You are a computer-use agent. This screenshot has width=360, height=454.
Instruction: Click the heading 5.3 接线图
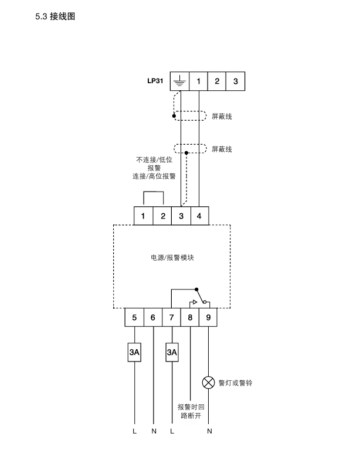[56, 16]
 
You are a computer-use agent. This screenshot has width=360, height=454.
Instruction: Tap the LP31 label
[155, 81]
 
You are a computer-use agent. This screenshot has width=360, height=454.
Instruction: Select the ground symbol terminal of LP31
[179, 81]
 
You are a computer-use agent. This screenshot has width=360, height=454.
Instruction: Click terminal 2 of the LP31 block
[217, 81]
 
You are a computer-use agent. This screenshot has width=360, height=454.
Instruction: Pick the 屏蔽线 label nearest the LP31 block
[222, 117]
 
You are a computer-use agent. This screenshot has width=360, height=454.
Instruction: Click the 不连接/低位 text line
[154, 159]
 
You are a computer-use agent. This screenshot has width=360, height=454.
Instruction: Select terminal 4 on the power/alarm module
[199, 216]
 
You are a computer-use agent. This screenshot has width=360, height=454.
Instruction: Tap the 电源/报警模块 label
[172, 257]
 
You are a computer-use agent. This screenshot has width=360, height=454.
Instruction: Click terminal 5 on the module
[135, 318]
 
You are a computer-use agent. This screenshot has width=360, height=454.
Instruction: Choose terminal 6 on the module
[153, 318]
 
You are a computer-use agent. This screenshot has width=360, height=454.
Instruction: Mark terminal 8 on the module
[190, 318]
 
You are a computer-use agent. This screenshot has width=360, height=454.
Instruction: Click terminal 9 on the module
[209, 318]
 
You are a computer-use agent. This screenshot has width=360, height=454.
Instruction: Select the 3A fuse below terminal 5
[135, 353]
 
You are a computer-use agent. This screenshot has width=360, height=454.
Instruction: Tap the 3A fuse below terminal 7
[172, 353]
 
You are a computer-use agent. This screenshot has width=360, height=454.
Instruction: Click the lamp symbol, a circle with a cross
[209, 383]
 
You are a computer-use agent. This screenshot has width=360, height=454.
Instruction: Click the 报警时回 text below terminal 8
[191, 407]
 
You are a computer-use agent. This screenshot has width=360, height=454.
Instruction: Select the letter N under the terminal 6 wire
[153, 431]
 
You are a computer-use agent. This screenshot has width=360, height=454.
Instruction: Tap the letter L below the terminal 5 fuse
[135, 431]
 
